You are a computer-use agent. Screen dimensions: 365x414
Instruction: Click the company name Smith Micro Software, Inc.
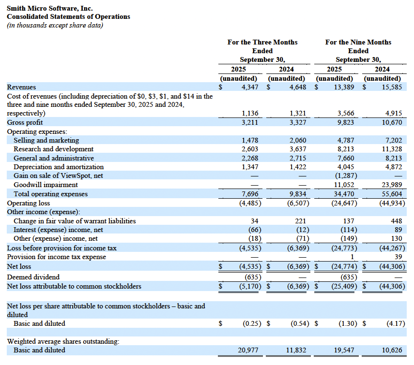tap(49, 8)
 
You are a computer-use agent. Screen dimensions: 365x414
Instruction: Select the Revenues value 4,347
tap(250, 87)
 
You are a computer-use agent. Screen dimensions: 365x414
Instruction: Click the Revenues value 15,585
tap(393, 87)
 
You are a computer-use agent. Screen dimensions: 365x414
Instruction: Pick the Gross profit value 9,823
tap(345, 122)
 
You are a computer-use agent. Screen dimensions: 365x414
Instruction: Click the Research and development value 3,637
tap(297, 149)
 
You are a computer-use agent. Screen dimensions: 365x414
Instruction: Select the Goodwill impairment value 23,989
tap(393, 185)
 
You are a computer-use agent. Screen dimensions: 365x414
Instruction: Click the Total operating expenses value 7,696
tap(250, 194)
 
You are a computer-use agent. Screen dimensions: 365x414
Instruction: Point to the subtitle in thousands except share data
tap(55, 25)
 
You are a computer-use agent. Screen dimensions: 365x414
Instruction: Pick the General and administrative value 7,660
tap(345, 158)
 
